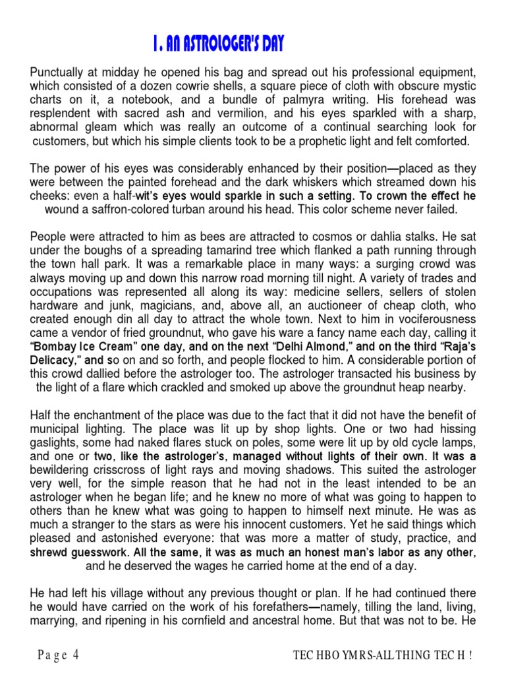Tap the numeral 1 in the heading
[154, 45]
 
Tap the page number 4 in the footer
[76, 655]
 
